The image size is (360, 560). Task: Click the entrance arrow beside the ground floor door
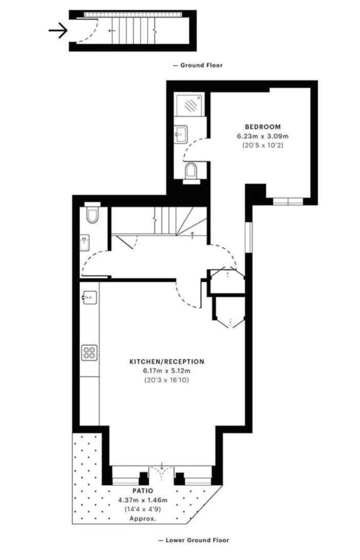click(x=58, y=30)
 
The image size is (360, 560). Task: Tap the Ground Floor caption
click(x=198, y=65)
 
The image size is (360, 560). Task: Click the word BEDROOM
click(x=263, y=127)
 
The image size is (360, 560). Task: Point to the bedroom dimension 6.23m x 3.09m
click(x=263, y=136)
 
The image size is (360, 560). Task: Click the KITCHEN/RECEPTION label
click(x=167, y=362)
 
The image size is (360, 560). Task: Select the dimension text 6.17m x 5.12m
click(x=167, y=371)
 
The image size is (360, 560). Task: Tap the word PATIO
click(x=142, y=491)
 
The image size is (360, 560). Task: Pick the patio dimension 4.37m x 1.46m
click(x=142, y=500)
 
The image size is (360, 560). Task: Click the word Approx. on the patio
click(x=142, y=518)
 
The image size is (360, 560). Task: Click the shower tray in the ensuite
click(x=189, y=105)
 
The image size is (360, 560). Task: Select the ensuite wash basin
click(x=181, y=134)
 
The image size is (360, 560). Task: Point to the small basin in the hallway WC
click(x=85, y=243)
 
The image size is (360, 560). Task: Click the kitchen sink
click(x=89, y=298)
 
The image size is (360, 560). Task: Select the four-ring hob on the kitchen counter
click(x=89, y=353)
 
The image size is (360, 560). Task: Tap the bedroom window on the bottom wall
click(x=288, y=202)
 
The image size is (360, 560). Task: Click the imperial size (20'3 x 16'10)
click(x=167, y=380)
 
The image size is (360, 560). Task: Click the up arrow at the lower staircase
click(x=192, y=235)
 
